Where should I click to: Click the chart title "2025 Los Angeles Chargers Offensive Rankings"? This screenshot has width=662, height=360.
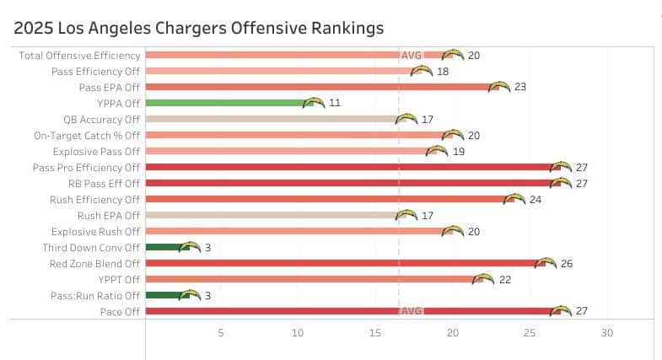pyautogui.click(x=199, y=28)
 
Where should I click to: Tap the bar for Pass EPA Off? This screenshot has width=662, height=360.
pyautogui.click(x=320, y=87)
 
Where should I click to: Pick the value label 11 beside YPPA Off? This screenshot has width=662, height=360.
pyautogui.click(x=335, y=103)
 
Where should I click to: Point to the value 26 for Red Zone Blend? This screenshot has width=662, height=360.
pyautogui.click(x=566, y=263)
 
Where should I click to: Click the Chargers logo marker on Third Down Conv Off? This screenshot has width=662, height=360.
pyautogui.click(x=191, y=247)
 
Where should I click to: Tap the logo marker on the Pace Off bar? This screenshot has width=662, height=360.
pyautogui.click(x=561, y=311)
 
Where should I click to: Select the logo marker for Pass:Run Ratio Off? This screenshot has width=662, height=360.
pyautogui.click(x=191, y=295)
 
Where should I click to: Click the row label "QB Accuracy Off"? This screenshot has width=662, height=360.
pyautogui.click(x=101, y=119)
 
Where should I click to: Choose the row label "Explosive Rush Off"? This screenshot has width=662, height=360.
pyautogui.click(x=95, y=231)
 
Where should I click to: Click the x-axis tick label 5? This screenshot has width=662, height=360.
pyautogui.click(x=221, y=333)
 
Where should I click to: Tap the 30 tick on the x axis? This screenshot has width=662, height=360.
pyautogui.click(x=605, y=333)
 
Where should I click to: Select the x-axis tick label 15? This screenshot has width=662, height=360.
pyautogui.click(x=374, y=333)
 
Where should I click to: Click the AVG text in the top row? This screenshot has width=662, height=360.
pyautogui.click(x=412, y=56)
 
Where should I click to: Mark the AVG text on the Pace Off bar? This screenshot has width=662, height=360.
pyautogui.click(x=412, y=311)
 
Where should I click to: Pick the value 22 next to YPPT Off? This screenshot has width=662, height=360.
pyautogui.click(x=505, y=279)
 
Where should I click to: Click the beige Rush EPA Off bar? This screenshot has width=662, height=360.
pyautogui.click(x=270, y=215)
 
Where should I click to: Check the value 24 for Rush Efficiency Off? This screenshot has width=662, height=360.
pyautogui.click(x=535, y=199)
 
